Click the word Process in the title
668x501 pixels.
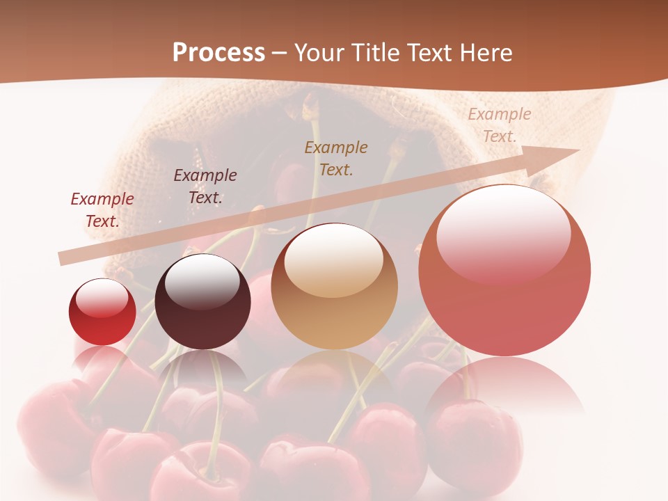(218, 53)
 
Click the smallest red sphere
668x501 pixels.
(102, 312)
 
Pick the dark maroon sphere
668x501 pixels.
(202, 302)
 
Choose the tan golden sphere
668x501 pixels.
(334, 287)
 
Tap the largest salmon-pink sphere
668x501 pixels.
(504, 271)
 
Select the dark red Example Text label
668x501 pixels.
(102, 210)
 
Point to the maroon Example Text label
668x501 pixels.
(205, 186)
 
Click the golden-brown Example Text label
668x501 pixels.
(336, 159)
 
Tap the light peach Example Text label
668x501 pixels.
(499, 125)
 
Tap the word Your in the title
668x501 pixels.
(320, 53)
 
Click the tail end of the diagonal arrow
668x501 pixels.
(63, 258)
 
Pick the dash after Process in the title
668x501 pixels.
(279, 53)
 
